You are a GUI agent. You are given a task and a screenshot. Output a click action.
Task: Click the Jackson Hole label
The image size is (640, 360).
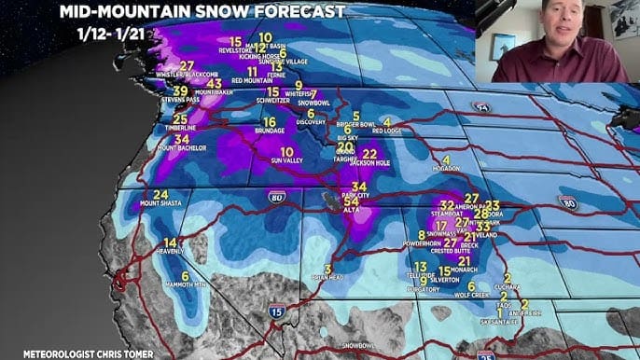tap(370, 162)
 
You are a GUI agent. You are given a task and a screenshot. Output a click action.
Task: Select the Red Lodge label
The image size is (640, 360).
tap(386, 132)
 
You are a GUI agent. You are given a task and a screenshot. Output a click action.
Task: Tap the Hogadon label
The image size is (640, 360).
tap(446, 170)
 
